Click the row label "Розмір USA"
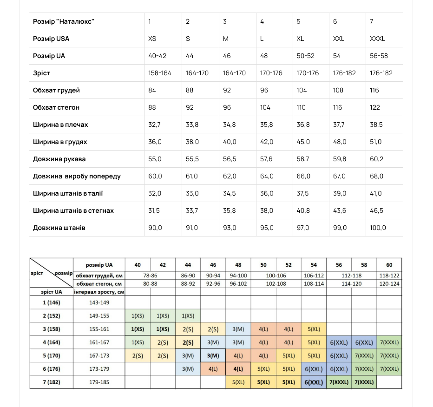click(51, 39)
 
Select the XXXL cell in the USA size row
click(377, 39)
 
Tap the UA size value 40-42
click(157, 56)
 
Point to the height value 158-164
click(160, 73)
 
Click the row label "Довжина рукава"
click(59, 159)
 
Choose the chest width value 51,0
click(376, 142)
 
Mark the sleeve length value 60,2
click(376, 159)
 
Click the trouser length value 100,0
click(378, 228)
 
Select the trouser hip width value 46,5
click(376, 210)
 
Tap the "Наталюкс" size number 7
click(371, 21)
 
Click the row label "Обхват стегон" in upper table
click(56, 107)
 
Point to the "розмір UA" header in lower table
click(99, 265)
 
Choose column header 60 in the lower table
click(389, 265)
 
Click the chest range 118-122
click(389, 276)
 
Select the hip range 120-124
click(389, 283)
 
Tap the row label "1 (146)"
click(51, 302)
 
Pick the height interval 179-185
click(99, 382)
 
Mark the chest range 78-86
click(150, 276)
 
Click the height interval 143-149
click(99, 302)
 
